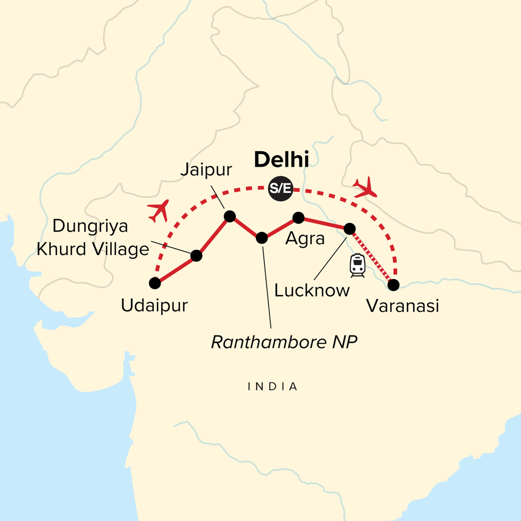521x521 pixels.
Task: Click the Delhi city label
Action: [x=281, y=160]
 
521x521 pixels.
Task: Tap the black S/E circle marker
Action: [x=280, y=188]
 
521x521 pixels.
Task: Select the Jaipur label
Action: [x=206, y=170]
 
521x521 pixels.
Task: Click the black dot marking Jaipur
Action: [x=229, y=216]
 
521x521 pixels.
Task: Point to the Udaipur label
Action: [x=154, y=306]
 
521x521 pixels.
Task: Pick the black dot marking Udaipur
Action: [x=155, y=283]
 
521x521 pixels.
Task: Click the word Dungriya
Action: [x=90, y=227]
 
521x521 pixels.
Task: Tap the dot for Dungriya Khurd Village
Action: [x=196, y=256]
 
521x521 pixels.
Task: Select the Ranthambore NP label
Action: [x=284, y=342]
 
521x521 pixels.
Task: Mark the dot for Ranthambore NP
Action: [x=262, y=237]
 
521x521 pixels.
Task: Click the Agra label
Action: [x=305, y=239]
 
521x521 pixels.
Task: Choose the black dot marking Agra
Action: [x=298, y=217]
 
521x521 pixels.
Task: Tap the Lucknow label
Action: [x=312, y=290]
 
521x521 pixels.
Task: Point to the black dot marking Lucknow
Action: [x=350, y=228]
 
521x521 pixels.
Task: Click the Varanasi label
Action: [x=402, y=306]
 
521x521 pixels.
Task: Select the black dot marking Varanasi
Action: [x=393, y=285]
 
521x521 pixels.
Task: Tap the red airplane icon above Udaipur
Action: [x=158, y=211]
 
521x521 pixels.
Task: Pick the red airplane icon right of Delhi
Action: [x=365, y=187]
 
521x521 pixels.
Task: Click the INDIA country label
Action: [x=273, y=386]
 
